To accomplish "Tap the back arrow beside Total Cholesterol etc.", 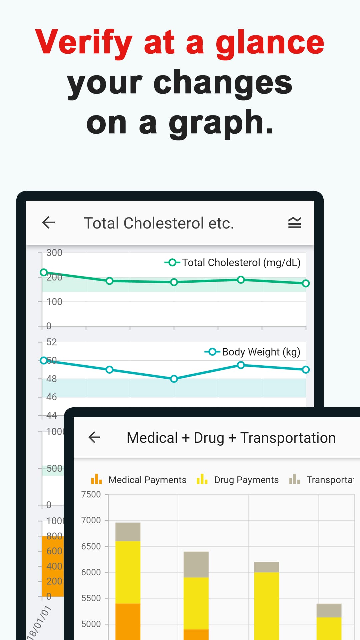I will point(49,223).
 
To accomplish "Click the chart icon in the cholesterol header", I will point(295,223).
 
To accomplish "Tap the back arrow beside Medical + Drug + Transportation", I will point(94,437).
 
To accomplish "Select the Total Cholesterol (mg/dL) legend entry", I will point(233,263).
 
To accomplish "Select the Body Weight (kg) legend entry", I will point(253,352).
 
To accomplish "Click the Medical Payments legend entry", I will point(139,480).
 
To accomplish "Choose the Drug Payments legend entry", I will point(238,480).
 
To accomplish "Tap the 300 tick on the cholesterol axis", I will point(54,253).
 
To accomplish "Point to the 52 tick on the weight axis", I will point(51,342).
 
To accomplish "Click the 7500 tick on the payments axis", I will point(91,494).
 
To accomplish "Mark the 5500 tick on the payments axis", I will point(91,598).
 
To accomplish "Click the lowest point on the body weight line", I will point(174,379).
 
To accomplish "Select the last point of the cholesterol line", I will point(306,283).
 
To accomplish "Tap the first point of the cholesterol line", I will point(44,272).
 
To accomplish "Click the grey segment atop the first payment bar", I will point(128,532).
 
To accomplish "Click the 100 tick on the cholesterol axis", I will point(54,302).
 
